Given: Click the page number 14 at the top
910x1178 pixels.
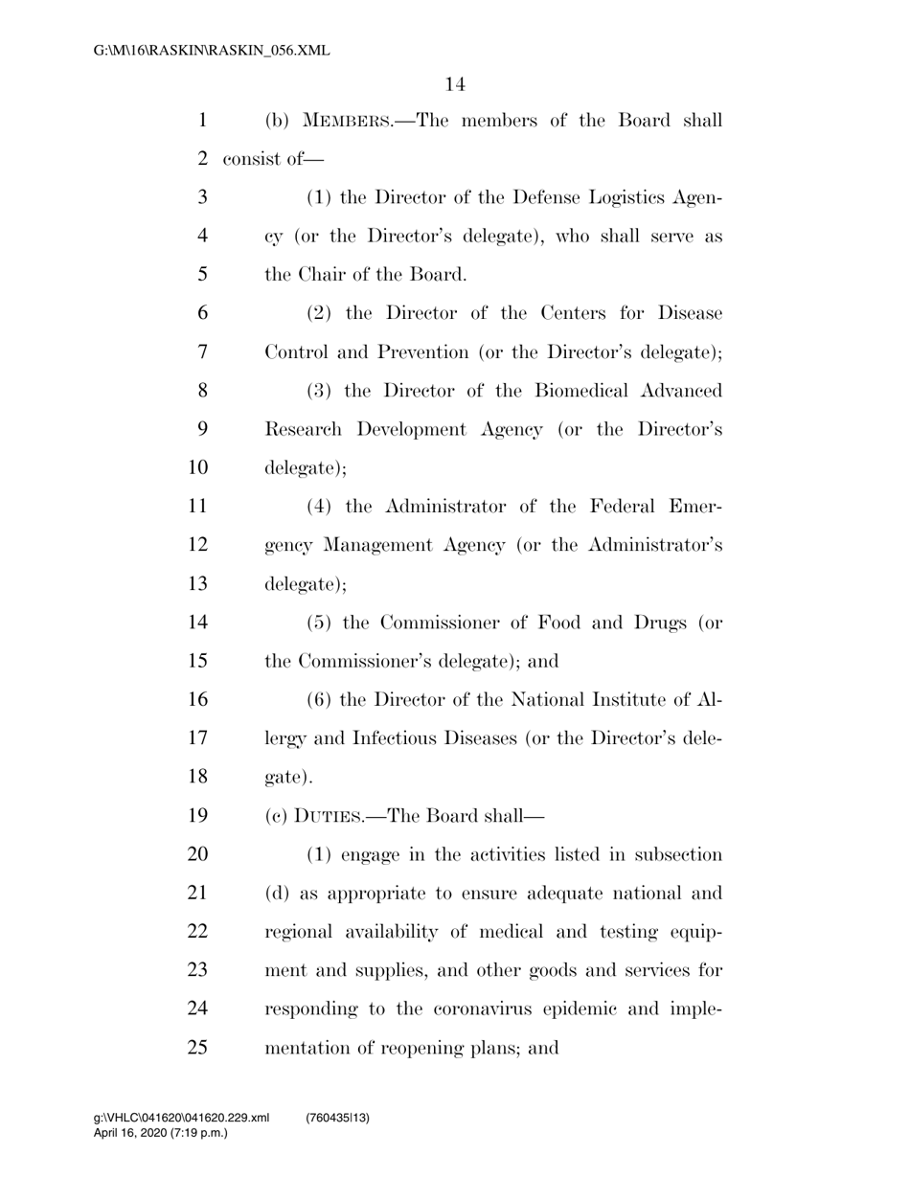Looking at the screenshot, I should pos(455,85).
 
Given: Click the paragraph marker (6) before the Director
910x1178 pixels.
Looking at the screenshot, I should pos(320,700).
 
